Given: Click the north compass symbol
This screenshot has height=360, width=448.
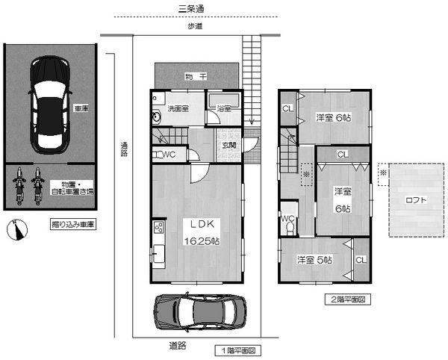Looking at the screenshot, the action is (x=17, y=230).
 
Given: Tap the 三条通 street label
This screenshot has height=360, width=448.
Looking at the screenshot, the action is (x=191, y=9).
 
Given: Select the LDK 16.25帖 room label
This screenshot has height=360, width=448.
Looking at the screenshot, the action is (x=202, y=232).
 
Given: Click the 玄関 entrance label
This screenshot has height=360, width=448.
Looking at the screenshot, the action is (x=229, y=145).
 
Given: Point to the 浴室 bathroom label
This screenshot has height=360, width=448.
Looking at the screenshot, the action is (x=224, y=108).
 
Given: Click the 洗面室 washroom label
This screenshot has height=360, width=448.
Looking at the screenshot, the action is (x=178, y=108).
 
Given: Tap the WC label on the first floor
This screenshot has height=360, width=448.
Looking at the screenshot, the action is (x=169, y=155).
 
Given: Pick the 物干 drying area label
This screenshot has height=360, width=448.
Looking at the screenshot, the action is (x=196, y=77).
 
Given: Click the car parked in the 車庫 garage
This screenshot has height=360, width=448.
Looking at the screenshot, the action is (x=50, y=105).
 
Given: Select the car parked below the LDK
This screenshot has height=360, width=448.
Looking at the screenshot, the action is (x=200, y=311).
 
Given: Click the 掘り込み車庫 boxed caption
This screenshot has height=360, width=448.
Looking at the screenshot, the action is (x=73, y=224).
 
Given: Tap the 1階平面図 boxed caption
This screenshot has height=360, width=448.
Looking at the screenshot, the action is (x=238, y=350).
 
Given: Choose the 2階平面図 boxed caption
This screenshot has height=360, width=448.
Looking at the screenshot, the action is (x=348, y=300).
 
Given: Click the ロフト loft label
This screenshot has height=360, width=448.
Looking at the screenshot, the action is (x=416, y=200).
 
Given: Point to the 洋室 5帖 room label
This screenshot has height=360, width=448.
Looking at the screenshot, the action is (x=314, y=260).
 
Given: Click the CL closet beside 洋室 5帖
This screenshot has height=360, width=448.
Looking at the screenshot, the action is (x=361, y=260).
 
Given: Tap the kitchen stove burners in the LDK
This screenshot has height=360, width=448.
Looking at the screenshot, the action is (x=159, y=228).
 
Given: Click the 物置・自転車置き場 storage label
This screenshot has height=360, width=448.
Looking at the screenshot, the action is (x=72, y=187).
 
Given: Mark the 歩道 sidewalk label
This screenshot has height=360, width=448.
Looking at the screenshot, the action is (x=195, y=26).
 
